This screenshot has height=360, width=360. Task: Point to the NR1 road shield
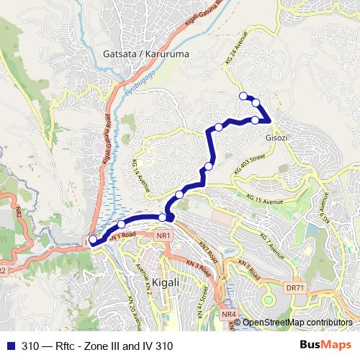(165, 235)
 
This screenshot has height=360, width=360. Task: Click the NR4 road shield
(229, 314)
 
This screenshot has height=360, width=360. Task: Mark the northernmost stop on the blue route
(243, 96)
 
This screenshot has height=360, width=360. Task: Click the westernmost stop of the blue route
(92, 241)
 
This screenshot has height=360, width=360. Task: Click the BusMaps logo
(326, 346)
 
